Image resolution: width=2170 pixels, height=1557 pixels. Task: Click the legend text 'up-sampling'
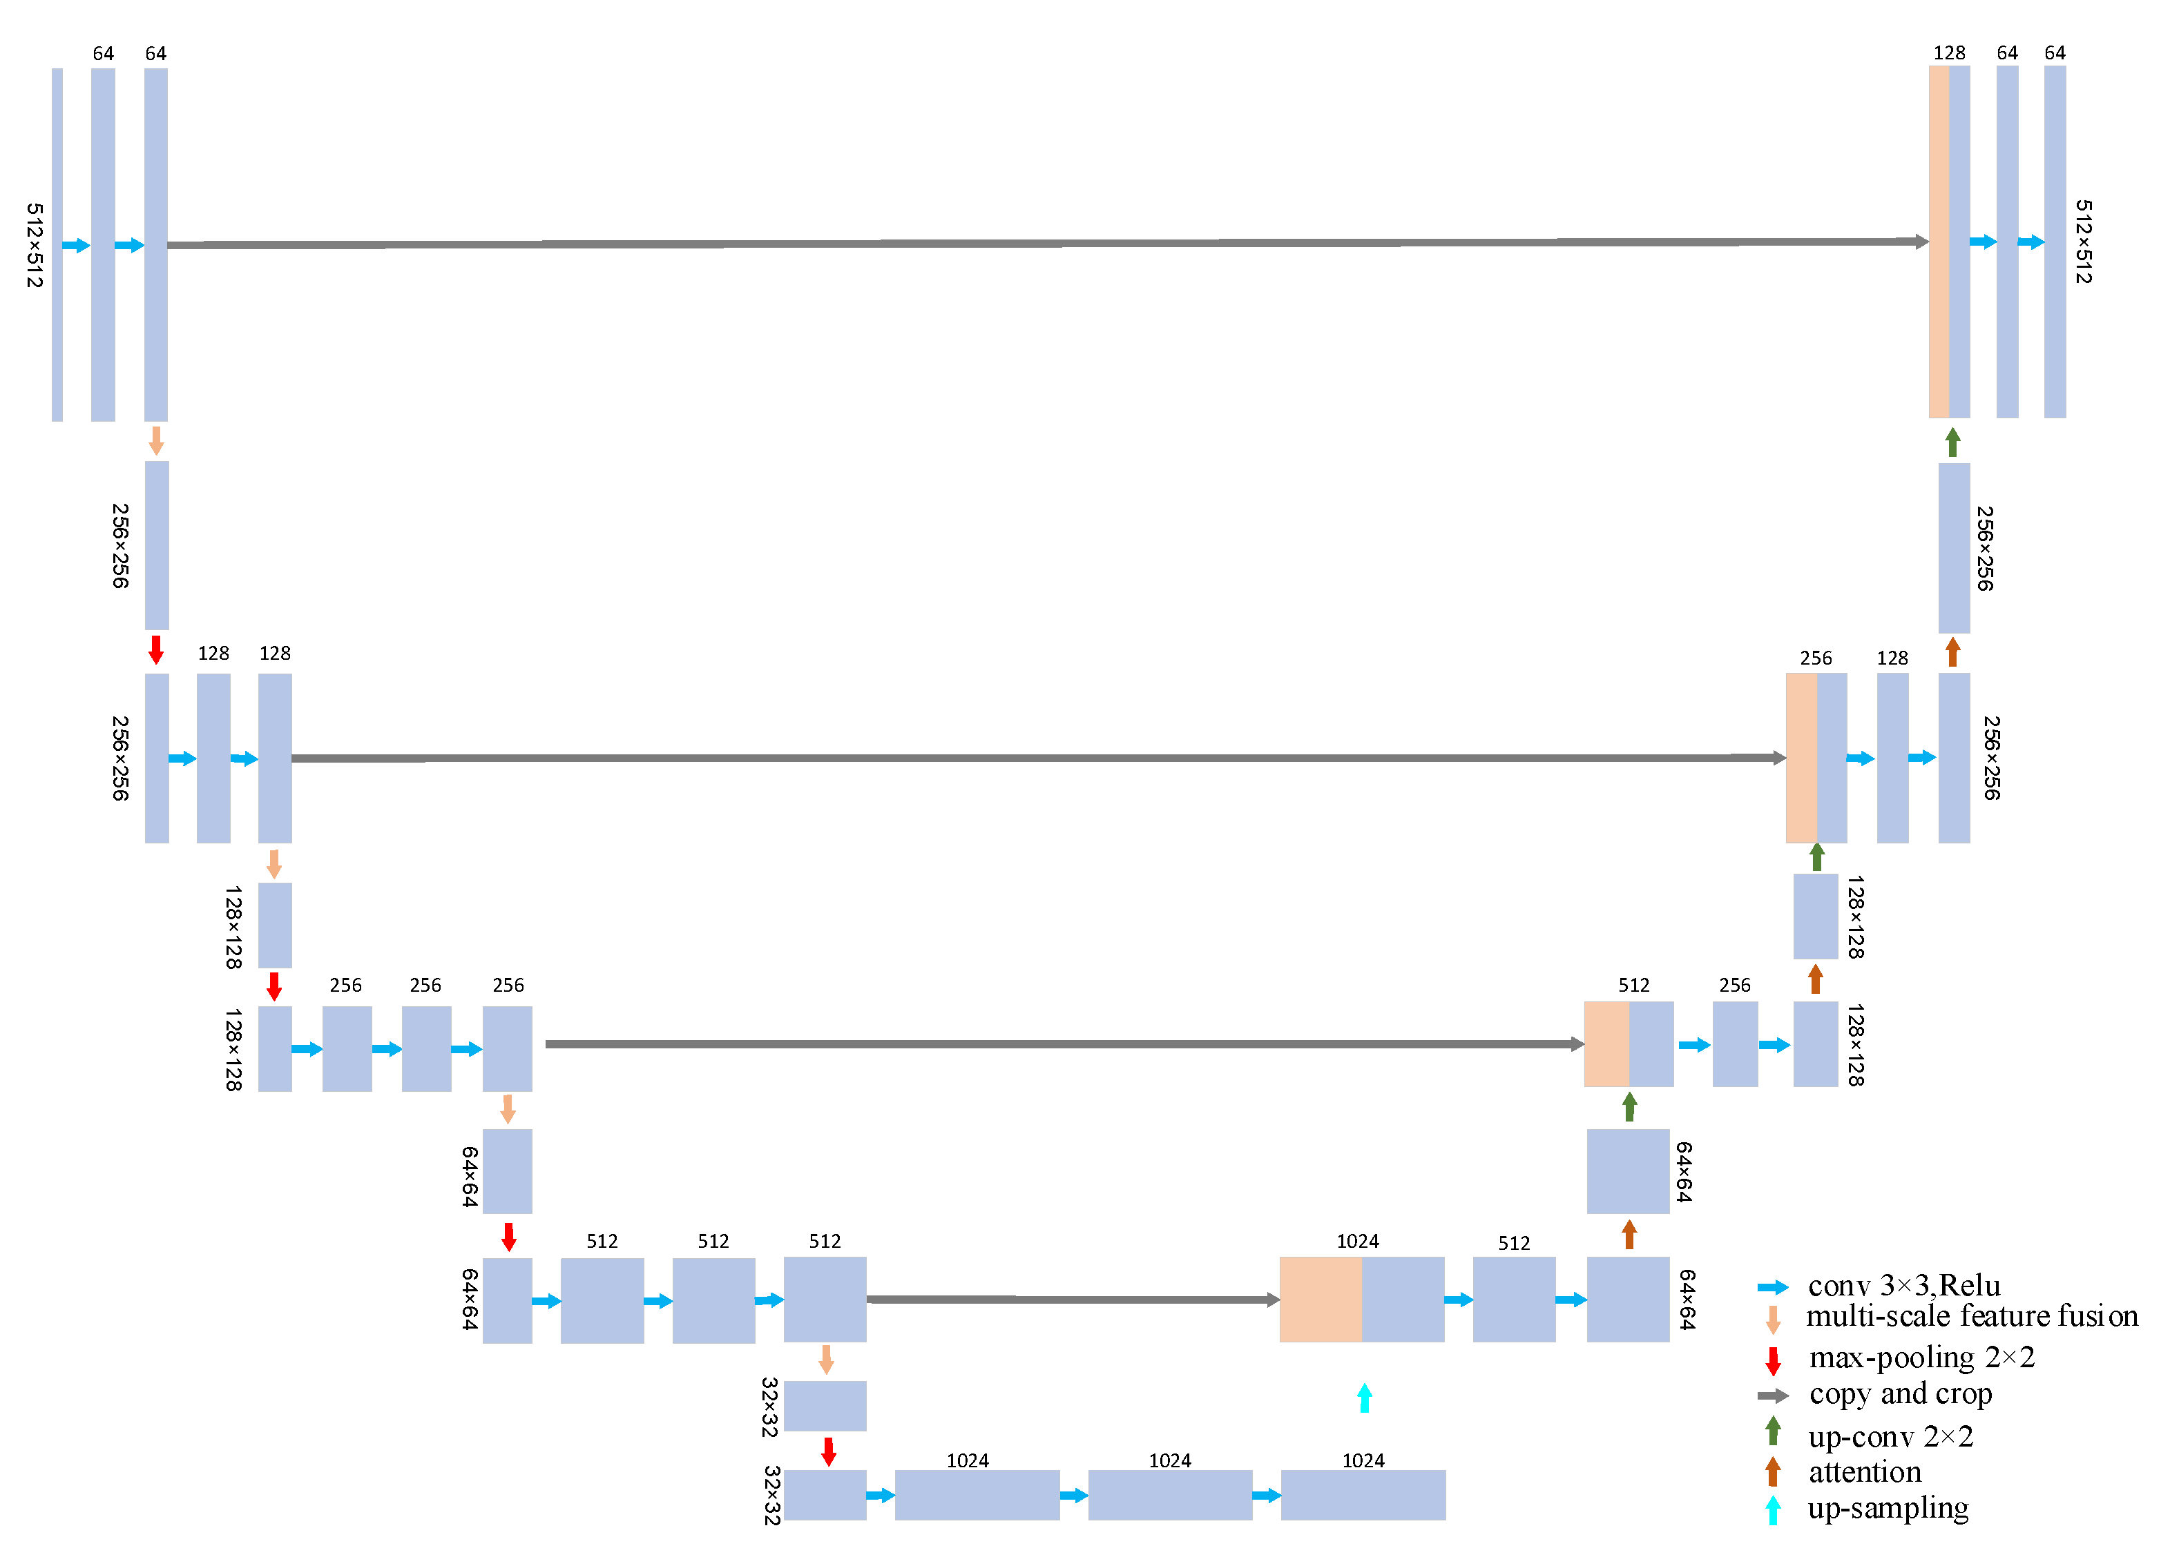1887,1508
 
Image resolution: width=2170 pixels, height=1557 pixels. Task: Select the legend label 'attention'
1864,1472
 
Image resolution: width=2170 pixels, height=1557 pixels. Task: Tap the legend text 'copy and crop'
1900,1393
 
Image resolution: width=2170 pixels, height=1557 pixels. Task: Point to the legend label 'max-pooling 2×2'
1921,1357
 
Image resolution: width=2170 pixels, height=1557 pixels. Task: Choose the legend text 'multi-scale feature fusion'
1971,1317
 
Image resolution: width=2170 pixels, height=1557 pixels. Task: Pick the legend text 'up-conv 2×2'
1890,1436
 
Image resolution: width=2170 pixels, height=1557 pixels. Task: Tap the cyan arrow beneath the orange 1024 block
1365,1398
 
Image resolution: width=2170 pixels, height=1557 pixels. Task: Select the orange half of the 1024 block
1321,1299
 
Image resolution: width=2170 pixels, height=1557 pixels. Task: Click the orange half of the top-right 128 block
1939,242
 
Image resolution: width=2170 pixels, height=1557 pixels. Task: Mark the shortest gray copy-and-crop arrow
1073,1300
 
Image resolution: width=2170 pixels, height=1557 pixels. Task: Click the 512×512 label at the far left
35,245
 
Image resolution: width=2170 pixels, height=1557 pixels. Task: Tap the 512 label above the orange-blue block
1633,985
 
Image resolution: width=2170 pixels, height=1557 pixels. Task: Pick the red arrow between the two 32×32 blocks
829,1451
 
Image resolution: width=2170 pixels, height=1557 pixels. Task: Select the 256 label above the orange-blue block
1815,658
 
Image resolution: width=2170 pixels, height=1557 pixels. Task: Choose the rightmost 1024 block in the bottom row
1363,1495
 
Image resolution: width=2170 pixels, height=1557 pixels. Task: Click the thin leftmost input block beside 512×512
57,245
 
